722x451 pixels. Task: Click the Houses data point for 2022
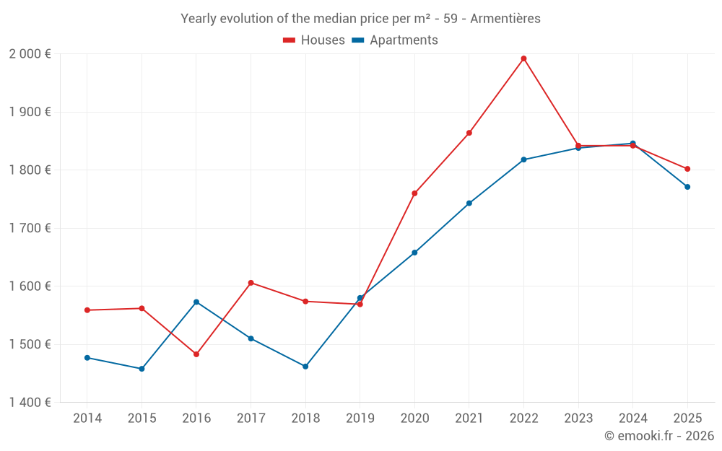pyautogui.click(x=523, y=58)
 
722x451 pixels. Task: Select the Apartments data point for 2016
pyautogui.click(x=196, y=302)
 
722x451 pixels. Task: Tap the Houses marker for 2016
pyautogui.click(x=196, y=354)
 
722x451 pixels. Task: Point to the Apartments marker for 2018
pyautogui.click(x=305, y=367)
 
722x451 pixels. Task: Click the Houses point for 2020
pyautogui.click(x=414, y=193)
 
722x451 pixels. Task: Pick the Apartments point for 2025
pyautogui.click(x=687, y=187)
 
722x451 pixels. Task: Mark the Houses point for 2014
pyautogui.click(x=87, y=310)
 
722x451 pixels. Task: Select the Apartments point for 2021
pyautogui.click(x=469, y=203)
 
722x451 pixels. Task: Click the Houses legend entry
pyautogui.click(x=314, y=40)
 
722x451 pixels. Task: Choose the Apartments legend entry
pyautogui.click(x=395, y=40)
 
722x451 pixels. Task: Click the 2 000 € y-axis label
pyautogui.click(x=30, y=54)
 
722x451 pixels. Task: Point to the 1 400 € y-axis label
pyautogui.click(x=30, y=403)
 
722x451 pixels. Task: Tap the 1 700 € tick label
pyautogui.click(x=30, y=228)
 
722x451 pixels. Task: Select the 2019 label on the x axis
pyautogui.click(x=360, y=419)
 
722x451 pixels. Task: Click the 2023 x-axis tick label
pyautogui.click(x=578, y=419)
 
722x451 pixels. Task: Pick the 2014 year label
pyautogui.click(x=87, y=419)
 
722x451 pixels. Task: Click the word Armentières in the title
pyautogui.click(x=505, y=19)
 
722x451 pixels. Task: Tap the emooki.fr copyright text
pyautogui.click(x=658, y=436)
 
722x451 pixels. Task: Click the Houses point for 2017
pyautogui.click(x=251, y=283)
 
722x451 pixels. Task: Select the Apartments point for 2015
pyautogui.click(x=142, y=369)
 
